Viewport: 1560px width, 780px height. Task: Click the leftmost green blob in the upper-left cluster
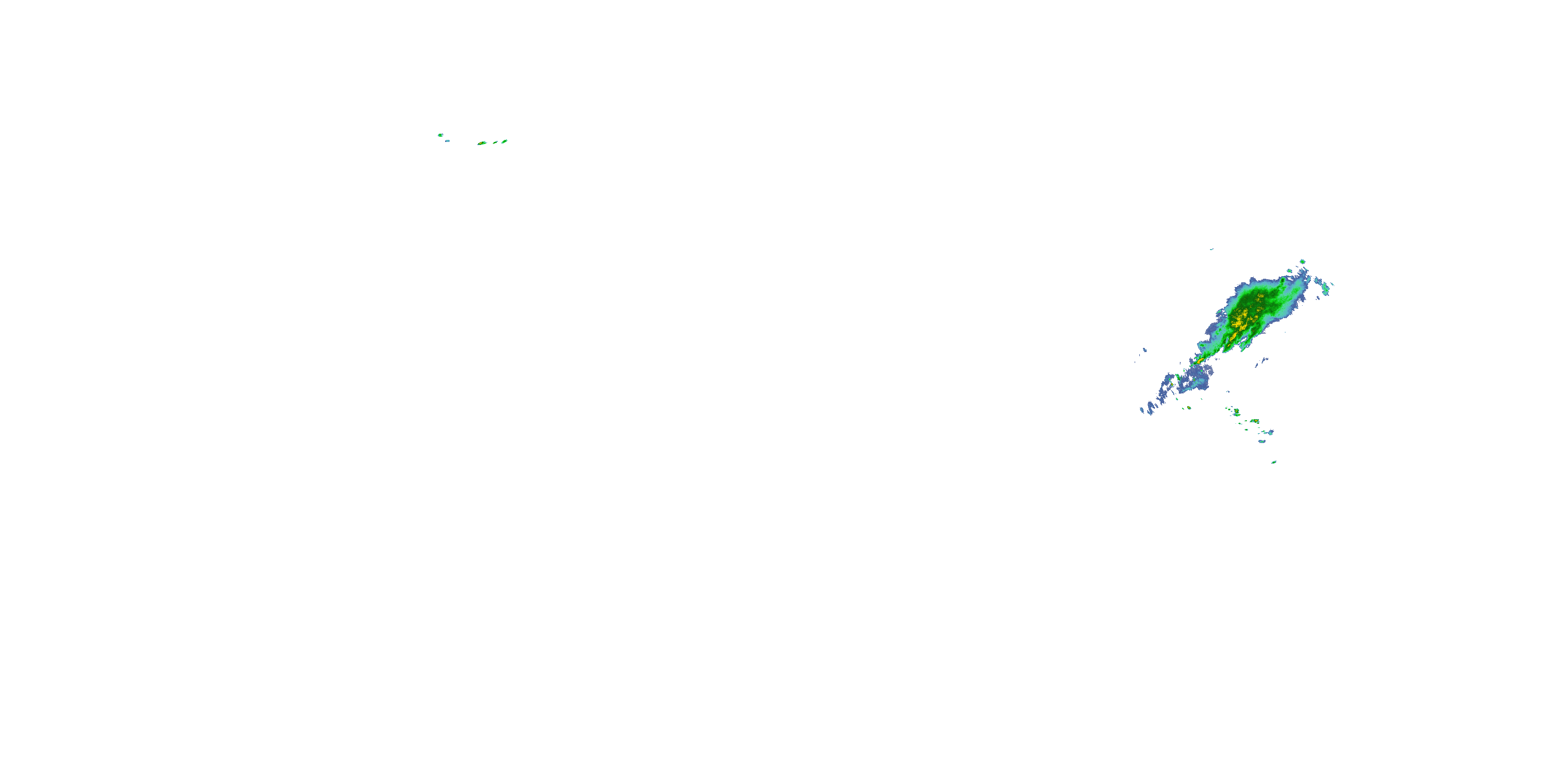[440, 135]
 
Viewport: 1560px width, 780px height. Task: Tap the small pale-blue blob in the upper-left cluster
[448, 141]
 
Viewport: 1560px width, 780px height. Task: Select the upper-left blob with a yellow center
[482, 144]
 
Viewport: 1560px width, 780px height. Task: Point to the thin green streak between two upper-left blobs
[495, 142]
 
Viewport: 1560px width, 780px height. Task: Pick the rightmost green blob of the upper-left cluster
[504, 141]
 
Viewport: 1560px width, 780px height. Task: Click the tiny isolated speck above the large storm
[1212, 249]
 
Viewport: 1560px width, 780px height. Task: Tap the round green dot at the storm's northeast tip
[1302, 262]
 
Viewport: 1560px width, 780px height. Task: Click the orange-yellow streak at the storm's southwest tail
[1200, 361]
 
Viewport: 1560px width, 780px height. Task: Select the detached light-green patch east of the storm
[1325, 289]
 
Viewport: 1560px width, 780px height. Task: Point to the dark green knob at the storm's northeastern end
[1283, 282]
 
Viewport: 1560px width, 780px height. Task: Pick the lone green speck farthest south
[1273, 462]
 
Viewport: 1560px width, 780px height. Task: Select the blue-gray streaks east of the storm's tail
[1264, 361]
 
